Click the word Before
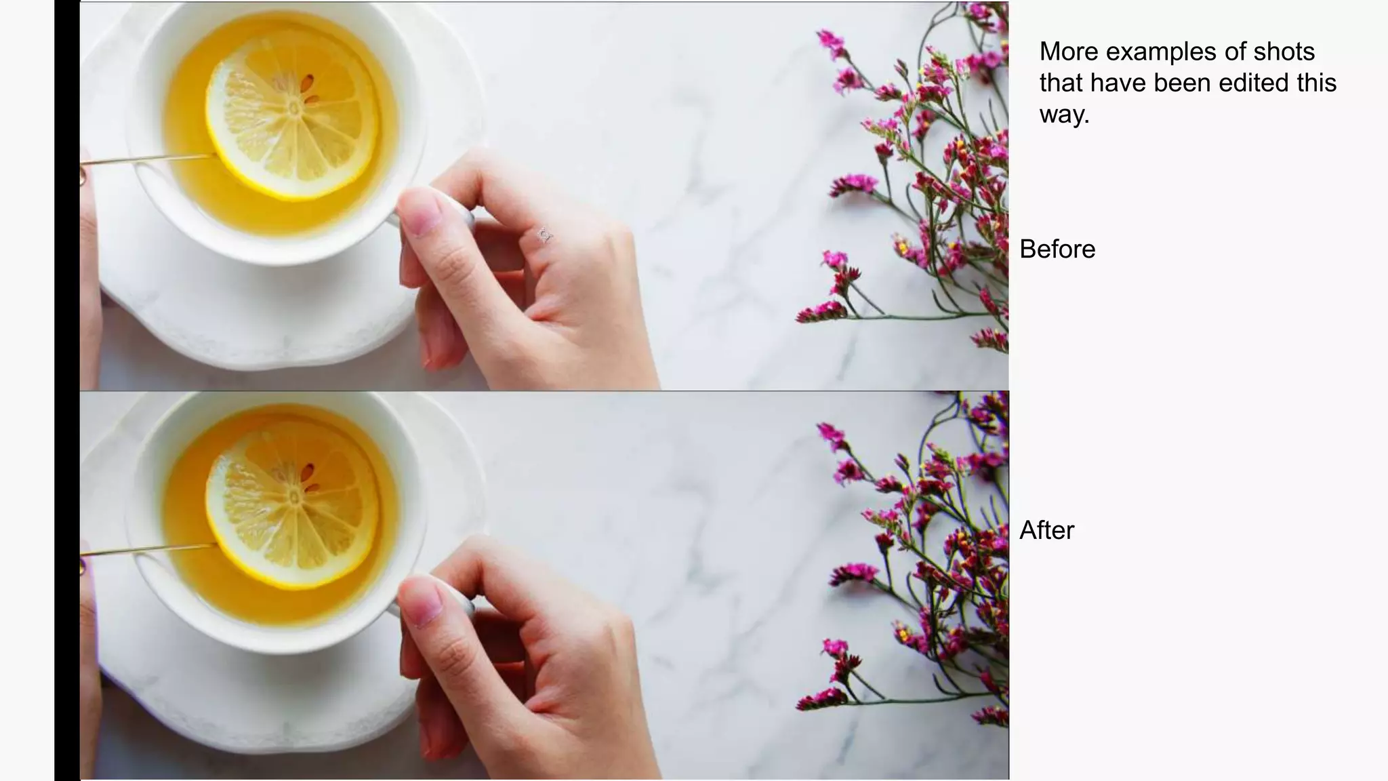(1057, 249)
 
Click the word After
(1046, 530)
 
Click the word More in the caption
(1068, 52)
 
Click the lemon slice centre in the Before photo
(294, 108)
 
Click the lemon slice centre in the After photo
(294, 498)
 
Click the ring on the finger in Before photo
(544, 235)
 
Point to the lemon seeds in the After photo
(310, 478)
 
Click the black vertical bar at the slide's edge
(67, 390)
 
